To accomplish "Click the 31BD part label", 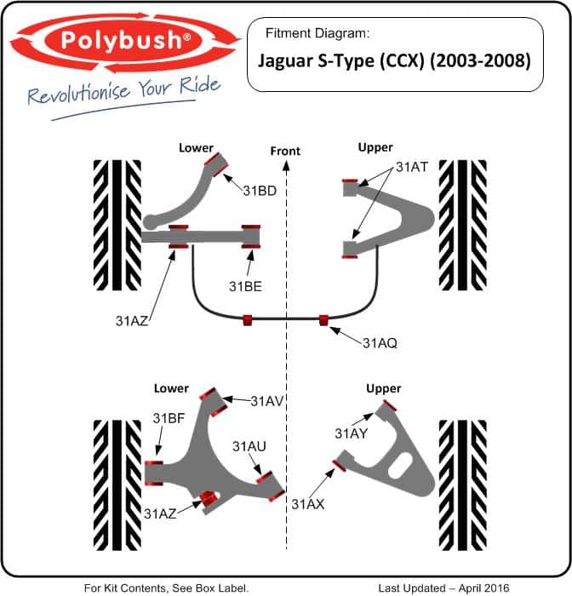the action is [x=260, y=191].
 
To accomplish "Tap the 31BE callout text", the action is [x=245, y=286].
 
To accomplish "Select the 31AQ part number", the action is [x=380, y=343].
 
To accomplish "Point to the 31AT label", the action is [x=412, y=167].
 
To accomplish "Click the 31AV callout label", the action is [x=267, y=401].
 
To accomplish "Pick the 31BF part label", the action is [x=169, y=418].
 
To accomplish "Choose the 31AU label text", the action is [x=249, y=446].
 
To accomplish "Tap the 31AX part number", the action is [x=308, y=504].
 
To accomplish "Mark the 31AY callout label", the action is [x=352, y=433].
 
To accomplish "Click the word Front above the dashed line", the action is [x=285, y=152].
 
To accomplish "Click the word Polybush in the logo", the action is [x=121, y=40].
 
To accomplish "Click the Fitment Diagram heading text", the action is [x=317, y=33].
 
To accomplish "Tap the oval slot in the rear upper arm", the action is [x=400, y=465].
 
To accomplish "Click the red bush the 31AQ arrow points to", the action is [x=323, y=320].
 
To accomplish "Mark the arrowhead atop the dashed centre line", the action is [x=286, y=165].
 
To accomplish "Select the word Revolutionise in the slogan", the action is [x=78, y=93].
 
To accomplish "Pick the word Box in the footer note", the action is [x=204, y=587].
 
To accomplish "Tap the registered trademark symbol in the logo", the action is [x=186, y=37].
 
